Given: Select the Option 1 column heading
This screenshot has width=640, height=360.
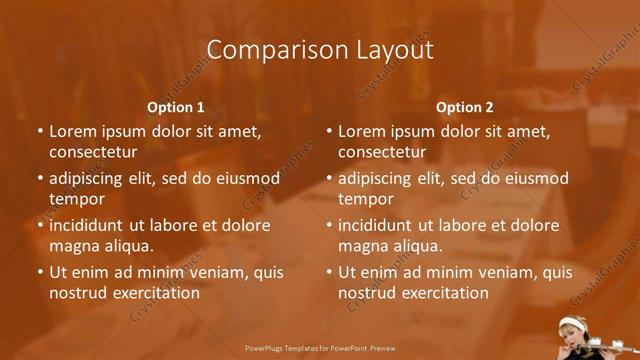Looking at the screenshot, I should [x=176, y=107].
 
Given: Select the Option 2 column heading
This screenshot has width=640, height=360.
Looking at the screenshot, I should [x=465, y=107].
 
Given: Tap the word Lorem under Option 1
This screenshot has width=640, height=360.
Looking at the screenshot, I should [x=71, y=131].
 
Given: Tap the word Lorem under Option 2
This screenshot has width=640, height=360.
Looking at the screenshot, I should [x=360, y=131].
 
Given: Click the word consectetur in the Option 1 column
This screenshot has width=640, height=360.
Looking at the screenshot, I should [x=93, y=153].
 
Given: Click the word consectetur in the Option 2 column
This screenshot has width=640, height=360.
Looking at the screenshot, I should [x=382, y=153].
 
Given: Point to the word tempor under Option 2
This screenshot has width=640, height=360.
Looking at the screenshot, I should [x=364, y=199].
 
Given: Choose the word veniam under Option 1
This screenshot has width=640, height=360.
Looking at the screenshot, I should [x=201, y=272].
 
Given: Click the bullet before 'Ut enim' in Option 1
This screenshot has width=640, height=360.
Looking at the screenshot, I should [x=40, y=272].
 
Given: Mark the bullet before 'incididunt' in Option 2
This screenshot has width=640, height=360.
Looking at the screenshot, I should [x=329, y=225].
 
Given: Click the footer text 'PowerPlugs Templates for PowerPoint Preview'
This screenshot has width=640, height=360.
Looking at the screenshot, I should [x=319, y=349].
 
